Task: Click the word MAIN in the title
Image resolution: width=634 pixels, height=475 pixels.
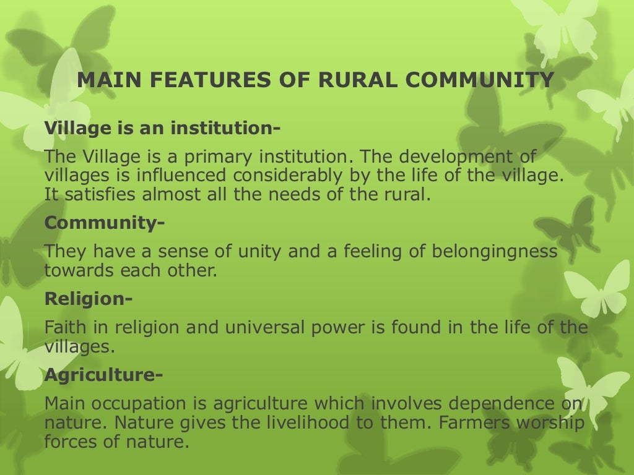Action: tap(103, 80)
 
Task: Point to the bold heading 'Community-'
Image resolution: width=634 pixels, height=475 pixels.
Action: tap(105, 222)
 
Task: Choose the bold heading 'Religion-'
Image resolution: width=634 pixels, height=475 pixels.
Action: tap(89, 299)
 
